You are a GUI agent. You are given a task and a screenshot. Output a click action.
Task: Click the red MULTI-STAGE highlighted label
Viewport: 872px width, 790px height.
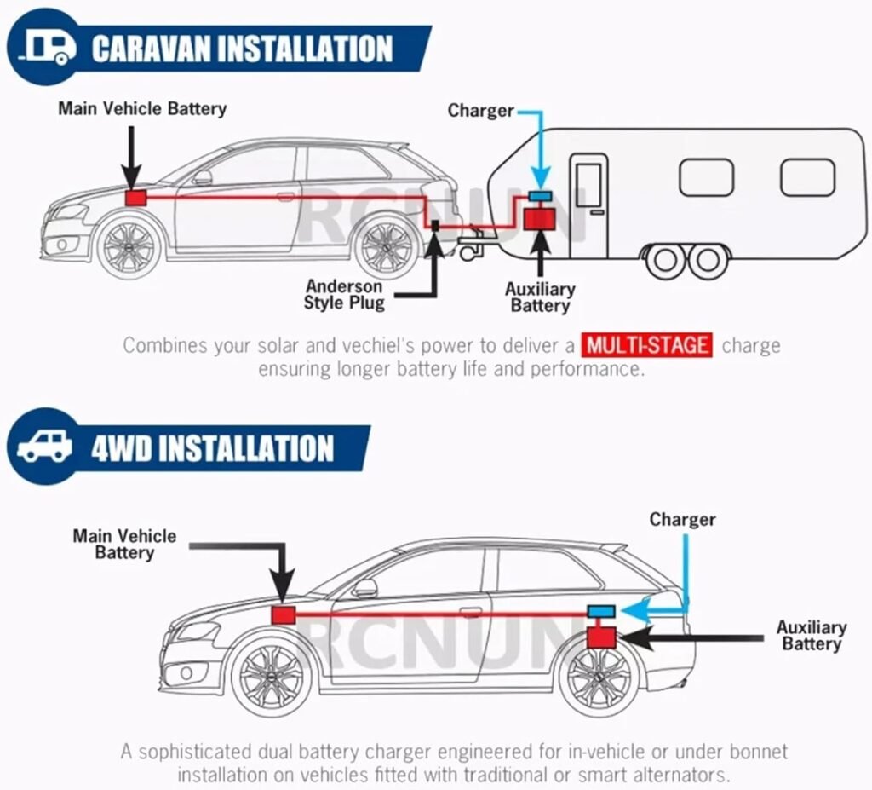coord(648,346)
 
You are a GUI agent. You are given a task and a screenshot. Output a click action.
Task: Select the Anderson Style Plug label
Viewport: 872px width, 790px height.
coord(345,295)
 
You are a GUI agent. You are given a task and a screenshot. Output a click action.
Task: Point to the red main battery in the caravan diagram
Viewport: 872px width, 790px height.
coord(135,198)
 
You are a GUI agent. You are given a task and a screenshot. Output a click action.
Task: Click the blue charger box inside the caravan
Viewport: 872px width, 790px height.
coord(539,197)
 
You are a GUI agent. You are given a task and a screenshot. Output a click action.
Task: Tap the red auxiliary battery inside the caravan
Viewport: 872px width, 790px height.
coord(538,219)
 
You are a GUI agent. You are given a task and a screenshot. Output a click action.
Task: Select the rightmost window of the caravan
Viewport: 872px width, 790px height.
coord(807,177)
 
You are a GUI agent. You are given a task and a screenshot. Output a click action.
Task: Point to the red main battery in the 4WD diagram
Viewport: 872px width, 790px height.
coord(283,614)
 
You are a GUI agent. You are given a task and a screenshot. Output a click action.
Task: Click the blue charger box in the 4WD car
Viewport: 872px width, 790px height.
coord(603,610)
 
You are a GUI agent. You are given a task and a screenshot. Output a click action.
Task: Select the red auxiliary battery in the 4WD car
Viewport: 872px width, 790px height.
coord(602,636)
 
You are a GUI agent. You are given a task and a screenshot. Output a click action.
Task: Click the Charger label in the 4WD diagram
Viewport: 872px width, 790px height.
coord(682,519)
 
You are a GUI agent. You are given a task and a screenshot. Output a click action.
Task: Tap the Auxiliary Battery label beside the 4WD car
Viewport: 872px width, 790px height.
coord(811,636)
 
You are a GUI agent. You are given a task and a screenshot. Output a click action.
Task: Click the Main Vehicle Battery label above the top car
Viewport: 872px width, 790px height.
coord(142,109)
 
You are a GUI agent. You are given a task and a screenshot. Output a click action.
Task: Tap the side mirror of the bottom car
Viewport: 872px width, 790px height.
coord(365,587)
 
